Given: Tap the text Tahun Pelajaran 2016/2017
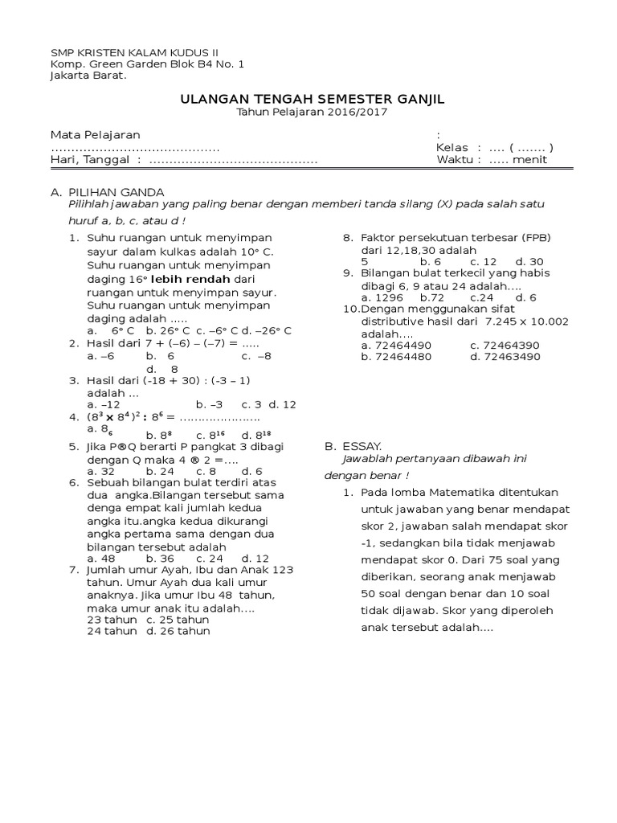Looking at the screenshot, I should (312, 113).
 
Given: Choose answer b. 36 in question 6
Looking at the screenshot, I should (160, 558).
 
